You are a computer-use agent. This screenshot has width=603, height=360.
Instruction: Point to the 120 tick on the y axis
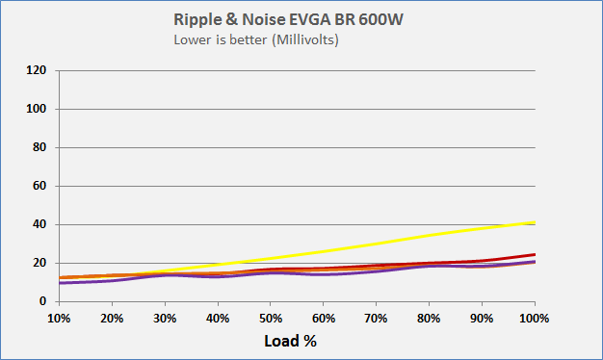pos(36,70)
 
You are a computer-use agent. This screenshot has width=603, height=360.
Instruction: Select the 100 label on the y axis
pos(36,109)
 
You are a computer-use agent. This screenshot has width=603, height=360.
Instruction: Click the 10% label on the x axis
pos(60,318)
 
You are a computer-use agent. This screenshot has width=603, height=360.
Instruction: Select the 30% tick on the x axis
pos(166,318)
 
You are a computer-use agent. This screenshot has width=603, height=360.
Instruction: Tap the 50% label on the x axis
pos(271,318)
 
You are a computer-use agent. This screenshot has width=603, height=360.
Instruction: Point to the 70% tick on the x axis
pos(377,318)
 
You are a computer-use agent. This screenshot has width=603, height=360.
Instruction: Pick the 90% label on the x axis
pos(482,318)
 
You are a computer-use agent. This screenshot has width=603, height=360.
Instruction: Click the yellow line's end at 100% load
pos(535,222)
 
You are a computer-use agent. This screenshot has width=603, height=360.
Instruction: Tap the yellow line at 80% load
pos(430,235)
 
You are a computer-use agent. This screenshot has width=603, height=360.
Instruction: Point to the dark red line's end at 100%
pos(535,254)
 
